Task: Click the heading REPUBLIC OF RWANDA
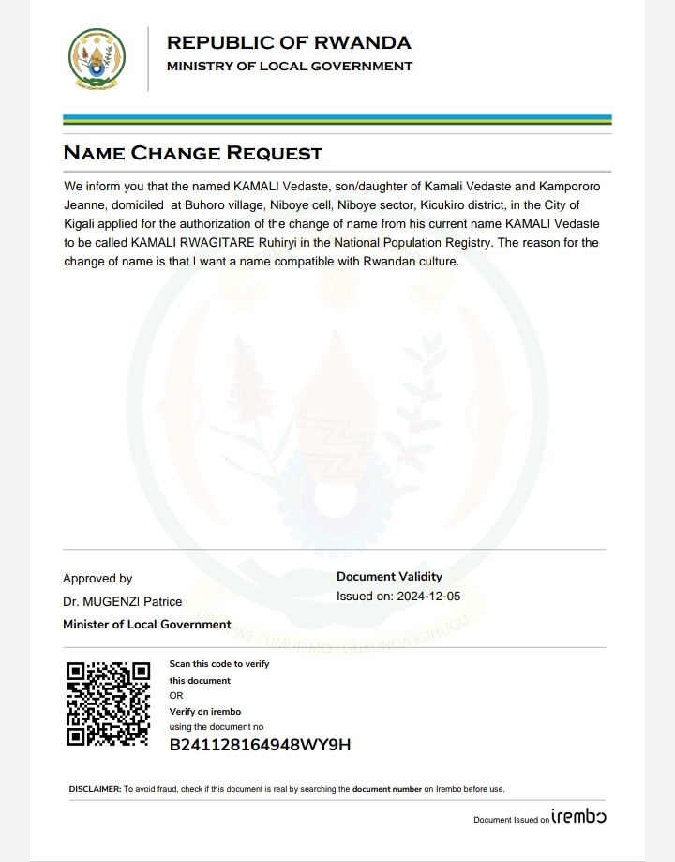289,42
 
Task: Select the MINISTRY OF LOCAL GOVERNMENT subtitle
289,67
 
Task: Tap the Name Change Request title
192,153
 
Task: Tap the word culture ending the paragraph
436,262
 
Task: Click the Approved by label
97,579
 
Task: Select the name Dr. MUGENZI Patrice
122,601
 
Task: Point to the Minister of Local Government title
146,624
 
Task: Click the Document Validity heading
389,577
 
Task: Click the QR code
109,703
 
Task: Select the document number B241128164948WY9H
260,746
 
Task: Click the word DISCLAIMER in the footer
95,789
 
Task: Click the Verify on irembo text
198,712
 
